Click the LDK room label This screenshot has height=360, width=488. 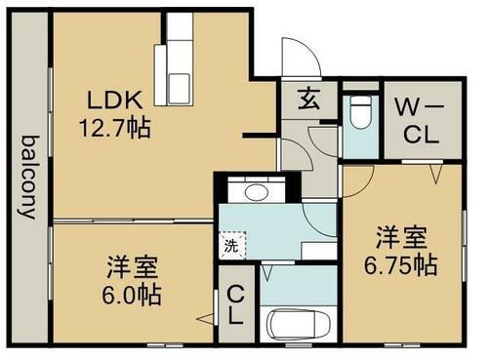pos(117,100)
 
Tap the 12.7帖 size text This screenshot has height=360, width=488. pos(116,127)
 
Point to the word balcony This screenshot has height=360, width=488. pos(26,177)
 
